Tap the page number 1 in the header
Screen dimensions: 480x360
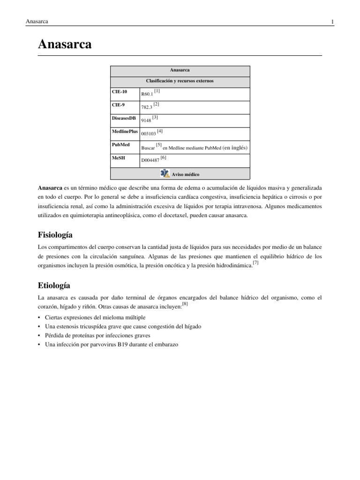click(332, 22)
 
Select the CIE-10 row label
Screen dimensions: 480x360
click(119, 92)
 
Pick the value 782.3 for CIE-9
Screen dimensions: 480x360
click(147, 107)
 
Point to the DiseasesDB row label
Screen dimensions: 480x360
click(124, 118)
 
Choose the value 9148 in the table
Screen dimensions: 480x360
click(146, 120)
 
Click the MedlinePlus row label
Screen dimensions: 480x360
click(125, 132)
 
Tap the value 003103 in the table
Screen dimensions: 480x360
click(149, 134)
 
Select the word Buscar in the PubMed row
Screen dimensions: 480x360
click(148, 148)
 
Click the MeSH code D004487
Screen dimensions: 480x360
click(150, 160)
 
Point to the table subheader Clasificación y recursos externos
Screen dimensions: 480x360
click(180, 81)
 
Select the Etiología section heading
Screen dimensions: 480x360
click(54, 285)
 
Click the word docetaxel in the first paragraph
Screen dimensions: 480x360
click(190, 215)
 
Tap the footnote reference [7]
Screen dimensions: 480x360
click(255, 263)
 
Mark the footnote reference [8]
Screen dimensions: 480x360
click(185, 304)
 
